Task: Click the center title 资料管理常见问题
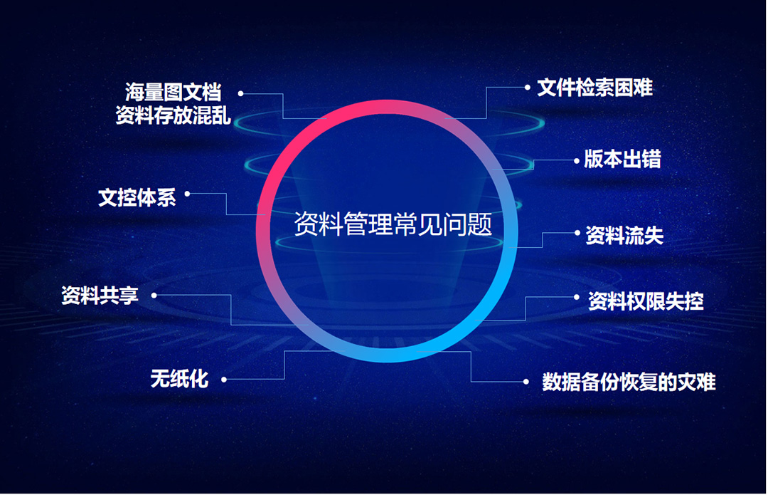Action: pyautogui.click(x=393, y=224)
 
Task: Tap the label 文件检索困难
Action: pyautogui.click(x=594, y=88)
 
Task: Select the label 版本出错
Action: pyautogui.click(x=622, y=160)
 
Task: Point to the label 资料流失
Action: pyautogui.click(x=624, y=236)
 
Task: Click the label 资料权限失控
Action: pyautogui.click(x=646, y=301)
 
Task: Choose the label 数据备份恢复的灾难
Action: pyautogui.click(x=629, y=382)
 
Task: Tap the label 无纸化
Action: pyautogui.click(x=179, y=379)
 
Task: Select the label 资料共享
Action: pyautogui.click(x=100, y=296)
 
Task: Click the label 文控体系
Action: pyautogui.click(x=137, y=197)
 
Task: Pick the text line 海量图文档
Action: pyautogui.click(x=174, y=92)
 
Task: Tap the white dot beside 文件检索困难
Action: pyautogui.click(x=528, y=88)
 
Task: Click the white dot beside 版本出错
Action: pyautogui.click(x=577, y=160)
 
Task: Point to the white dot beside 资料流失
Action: pyautogui.click(x=577, y=233)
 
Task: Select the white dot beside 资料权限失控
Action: pyautogui.click(x=577, y=297)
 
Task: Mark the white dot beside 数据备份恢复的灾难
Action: pyautogui.click(x=526, y=382)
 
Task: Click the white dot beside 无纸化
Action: pyautogui.click(x=224, y=379)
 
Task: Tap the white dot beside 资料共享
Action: pyautogui.click(x=154, y=296)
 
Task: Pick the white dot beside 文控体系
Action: pyautogui.click(x=187, y=194)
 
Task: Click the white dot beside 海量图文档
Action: pyautogui.click(x=240, y=93)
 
